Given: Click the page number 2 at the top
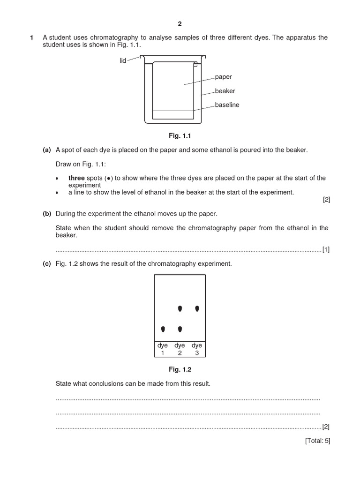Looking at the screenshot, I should coord(180,23).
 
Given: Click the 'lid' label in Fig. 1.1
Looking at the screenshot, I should coord(123,61).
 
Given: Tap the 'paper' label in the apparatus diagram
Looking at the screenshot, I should coord(223,77).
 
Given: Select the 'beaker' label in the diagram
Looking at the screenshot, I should coord(225,91).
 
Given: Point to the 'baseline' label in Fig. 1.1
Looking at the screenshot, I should coord(227,105).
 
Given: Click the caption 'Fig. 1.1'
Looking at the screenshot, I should coord(180,136).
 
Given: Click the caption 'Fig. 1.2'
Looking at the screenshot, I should coord(180,369).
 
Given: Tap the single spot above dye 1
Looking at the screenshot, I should coord(163,329).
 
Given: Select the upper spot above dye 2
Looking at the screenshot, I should coord(180,309).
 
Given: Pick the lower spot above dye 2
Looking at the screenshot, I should coord(180,329).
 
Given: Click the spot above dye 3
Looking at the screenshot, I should coord(197,308).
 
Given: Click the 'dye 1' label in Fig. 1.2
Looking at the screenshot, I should coord(163,349).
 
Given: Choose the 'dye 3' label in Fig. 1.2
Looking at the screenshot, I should coord(197,349).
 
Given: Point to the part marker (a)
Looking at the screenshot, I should coord(46,150).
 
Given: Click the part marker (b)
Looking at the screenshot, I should coord(46,214).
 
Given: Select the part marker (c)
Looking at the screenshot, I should coord(46,263).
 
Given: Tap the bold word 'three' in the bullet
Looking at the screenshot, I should coord(76,178).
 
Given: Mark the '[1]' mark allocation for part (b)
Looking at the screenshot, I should coord(326,249).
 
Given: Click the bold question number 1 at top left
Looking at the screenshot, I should coord(31,37).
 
